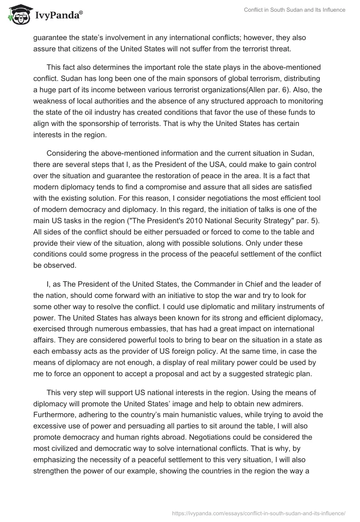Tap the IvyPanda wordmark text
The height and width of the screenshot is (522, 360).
58,16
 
